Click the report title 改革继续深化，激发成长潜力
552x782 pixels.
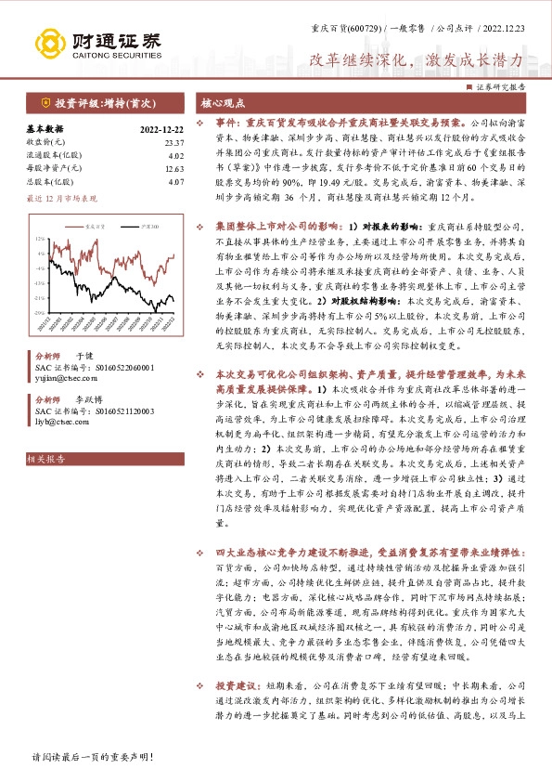pyautogui.click(x=417, y=59)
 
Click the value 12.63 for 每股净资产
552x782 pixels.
pyautogui.click(x=173, y=168)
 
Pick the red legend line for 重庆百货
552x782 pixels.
pyautogui.click(x=76, y=225)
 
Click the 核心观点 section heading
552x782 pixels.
pyautogui.click(x=225, y=102)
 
